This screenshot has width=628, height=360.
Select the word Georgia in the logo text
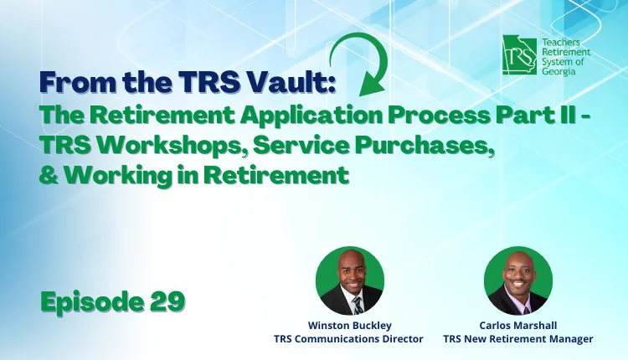[559, 72]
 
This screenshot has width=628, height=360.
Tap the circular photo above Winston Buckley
[350, 280]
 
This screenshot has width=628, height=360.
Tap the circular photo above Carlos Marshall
[517, 280]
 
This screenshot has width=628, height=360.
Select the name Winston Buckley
[350, 326]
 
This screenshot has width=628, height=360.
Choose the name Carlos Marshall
[518, 326]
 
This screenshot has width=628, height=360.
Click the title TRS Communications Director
[348, 339]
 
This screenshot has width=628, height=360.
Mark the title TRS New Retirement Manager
[518, 339]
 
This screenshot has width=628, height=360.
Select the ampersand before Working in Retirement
[49, 175]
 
